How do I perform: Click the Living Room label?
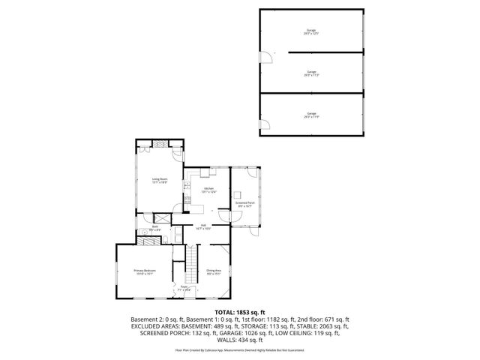[159, 181]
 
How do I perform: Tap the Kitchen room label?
[208, 190]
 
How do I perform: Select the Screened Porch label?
[245, 203]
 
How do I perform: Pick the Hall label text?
[202, 226]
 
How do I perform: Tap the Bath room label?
[155, 228]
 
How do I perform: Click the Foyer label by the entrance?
[184, 288]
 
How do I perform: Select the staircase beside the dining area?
[192, 262]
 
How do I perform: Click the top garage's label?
[311, 32]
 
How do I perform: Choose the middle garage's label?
[311, 74]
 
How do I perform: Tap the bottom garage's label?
[311, 116]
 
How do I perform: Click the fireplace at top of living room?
[159, 144]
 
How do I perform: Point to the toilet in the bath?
[142, 233]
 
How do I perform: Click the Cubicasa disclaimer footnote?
[240, 350]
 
